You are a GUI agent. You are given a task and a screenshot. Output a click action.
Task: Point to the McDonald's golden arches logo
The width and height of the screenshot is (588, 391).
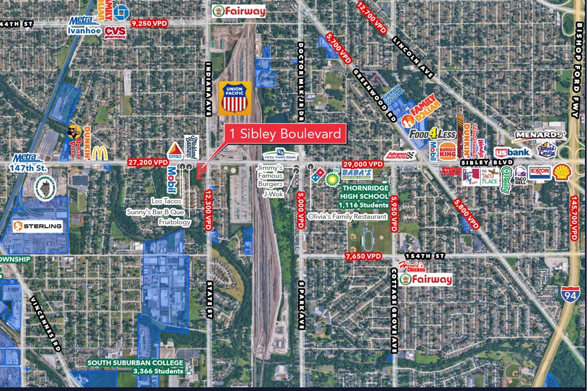point(99,152)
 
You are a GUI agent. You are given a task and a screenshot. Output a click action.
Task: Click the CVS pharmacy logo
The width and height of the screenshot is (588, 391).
point(115,33)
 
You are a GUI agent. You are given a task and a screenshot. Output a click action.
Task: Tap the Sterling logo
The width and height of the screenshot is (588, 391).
point(38,226)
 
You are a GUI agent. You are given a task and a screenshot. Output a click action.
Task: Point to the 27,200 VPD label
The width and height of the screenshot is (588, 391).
point(147,162)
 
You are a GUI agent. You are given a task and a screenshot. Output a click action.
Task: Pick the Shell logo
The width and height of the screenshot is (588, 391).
point(561,172)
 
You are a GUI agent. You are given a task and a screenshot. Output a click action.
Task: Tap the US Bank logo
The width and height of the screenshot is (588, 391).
point(511,152)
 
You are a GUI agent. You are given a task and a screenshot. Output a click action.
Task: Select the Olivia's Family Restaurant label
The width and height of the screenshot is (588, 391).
point(347,217)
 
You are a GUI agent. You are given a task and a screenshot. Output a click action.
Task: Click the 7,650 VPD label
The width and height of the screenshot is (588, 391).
point(364,256)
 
